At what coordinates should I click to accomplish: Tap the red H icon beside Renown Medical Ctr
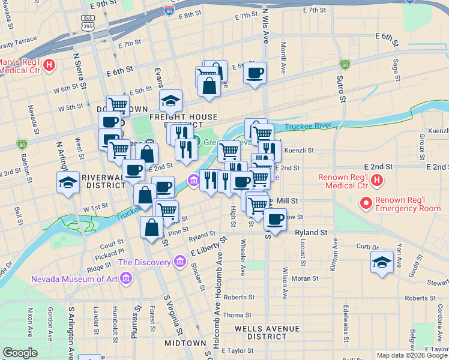[x=376, y=180]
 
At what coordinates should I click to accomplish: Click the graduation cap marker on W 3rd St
[x=68, y=181]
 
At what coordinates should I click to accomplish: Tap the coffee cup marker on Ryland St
[x=275, y=219]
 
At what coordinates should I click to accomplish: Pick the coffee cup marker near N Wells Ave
[x=254, y=73]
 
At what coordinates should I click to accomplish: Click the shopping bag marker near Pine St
[x=152, y=227]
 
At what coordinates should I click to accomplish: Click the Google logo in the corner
[x=20, y=353]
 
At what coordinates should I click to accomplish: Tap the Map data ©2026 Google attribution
[x=411, y=355]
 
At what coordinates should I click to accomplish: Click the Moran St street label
[x=304, y=278]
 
